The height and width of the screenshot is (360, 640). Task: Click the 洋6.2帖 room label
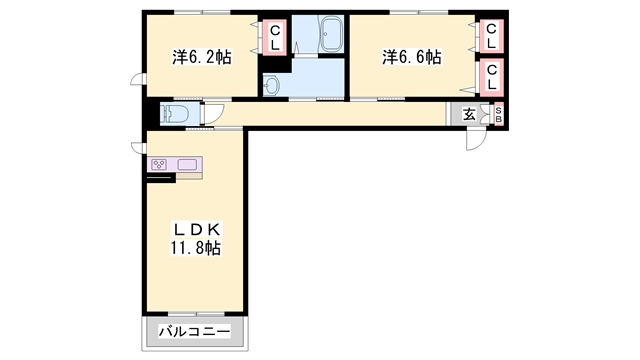pos(202,58)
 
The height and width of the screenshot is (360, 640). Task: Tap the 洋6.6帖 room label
pos(411,58)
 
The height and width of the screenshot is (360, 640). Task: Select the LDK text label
pos(196,230)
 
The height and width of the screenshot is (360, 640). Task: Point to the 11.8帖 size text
pos(196,248)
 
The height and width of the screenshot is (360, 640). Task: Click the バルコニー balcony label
pos(194,331)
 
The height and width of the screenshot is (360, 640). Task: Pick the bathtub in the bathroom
pos(331,34)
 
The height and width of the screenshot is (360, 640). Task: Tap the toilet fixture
pos(173,114)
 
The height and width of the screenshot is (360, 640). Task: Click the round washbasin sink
pos(271,85)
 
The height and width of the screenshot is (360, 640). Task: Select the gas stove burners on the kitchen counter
pos(159,165)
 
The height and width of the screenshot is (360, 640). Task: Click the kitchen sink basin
pos(187,164)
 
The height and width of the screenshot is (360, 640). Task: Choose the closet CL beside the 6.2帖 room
pos(275,38)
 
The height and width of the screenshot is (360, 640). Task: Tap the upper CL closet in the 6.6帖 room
pos(491,36)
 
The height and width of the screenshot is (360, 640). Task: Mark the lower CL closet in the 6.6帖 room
pos(491,78)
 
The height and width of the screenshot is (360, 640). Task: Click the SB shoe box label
pos(498,114)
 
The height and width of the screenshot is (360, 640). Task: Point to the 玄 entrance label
pos(469,115)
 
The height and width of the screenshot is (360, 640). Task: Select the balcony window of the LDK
pos(197,314)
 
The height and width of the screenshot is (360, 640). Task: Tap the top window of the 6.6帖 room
pos(419,12)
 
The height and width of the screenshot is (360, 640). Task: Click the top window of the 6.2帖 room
pos(202,12)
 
